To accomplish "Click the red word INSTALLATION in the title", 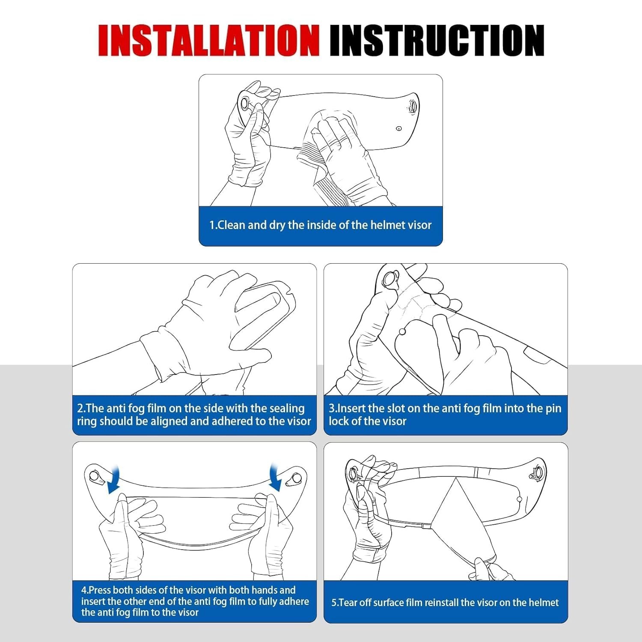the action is (209, 40).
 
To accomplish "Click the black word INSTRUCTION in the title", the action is (437, 40).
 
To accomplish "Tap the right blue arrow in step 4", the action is (275, 478).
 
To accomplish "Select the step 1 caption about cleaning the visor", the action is (320, 225).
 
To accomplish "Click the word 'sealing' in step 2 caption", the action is (285, 409).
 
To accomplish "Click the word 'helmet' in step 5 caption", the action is (543, 603).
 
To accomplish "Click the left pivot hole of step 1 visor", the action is (245, 103).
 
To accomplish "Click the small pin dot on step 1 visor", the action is (399, 128).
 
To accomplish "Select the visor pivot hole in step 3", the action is (390, 279).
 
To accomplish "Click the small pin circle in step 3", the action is (402, 331).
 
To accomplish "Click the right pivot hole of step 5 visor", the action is (538, 473).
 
